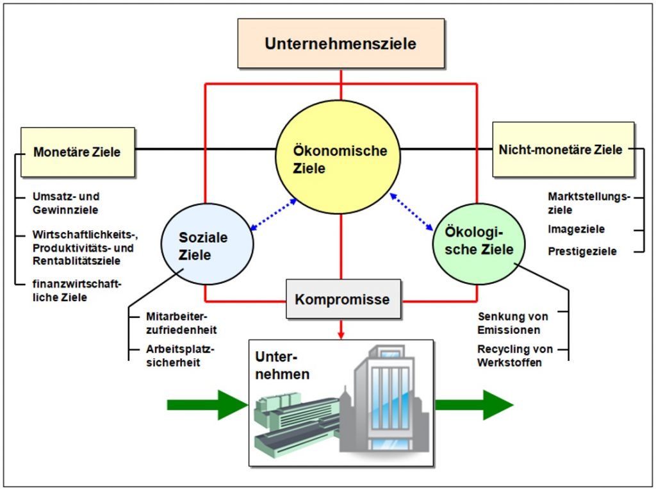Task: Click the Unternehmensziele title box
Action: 341,43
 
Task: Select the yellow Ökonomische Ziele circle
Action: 338,158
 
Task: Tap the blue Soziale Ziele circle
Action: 207,244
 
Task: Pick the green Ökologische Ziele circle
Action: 479,244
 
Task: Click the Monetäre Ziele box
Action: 78,152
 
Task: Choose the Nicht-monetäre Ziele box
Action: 564,149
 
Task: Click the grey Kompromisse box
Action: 343,299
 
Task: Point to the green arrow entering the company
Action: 208,404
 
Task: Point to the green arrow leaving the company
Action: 475,404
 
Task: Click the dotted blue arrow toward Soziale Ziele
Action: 273,215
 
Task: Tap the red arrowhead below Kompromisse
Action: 341,335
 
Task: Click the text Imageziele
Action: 576,229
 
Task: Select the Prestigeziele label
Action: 582,251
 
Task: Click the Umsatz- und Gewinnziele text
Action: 66,203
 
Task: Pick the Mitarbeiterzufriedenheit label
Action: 181,323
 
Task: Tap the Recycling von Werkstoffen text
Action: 515,356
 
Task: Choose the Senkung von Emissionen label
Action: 512,323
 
